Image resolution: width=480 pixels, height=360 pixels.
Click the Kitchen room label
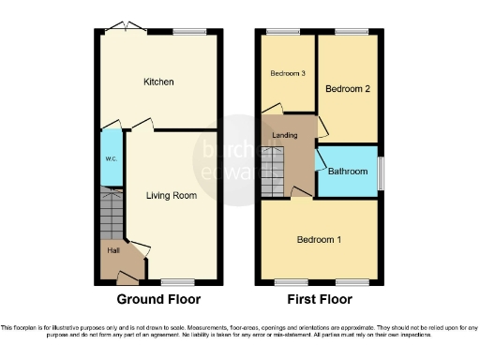pos(158,82)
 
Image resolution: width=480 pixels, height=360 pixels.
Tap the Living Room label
pos(171,196)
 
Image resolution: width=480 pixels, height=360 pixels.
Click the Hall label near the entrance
pos(112,250)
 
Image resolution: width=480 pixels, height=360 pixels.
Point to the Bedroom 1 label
pos(319,240)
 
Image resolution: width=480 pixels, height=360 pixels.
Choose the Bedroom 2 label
pos(347,88)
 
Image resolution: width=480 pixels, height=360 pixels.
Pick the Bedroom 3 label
pos(288,73)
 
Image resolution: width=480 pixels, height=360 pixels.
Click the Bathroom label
pos(347,171)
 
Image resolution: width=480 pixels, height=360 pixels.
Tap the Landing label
pos(285,137)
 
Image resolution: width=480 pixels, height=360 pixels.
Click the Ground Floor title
pos(158,300)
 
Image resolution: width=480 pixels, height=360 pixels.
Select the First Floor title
pos(319,300)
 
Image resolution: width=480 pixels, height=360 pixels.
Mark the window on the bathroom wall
pos(381,171)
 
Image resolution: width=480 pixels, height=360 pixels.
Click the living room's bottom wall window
pos(176,282)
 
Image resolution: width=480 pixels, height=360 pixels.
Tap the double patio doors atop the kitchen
pos(124,32)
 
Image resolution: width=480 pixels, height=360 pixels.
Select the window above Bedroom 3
pos(277,32)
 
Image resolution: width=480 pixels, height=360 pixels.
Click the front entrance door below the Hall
pos(126,277)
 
